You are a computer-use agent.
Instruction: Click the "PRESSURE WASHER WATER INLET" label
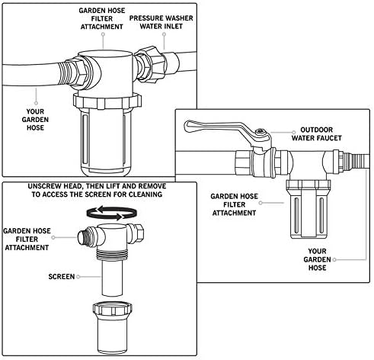tap(161, 22)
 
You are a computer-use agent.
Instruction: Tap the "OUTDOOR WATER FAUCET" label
tap(316, 134)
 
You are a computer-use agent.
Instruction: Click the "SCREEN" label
tap(62, 277)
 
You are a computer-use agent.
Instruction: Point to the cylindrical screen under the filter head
tap(112, 278)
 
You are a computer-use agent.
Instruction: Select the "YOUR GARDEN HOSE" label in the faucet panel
tap(317, 259)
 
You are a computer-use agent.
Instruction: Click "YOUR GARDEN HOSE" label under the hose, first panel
tap(35, 120)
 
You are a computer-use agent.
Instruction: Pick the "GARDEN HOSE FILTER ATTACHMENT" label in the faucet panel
tap(234, 204)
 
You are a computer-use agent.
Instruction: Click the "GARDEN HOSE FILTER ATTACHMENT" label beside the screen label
tap(27, 239)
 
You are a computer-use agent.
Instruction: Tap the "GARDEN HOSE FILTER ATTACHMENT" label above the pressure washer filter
tap(102, 18)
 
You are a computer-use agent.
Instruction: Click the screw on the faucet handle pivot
tap(261, 131)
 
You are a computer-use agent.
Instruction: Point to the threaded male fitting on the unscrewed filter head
tap(84, 236)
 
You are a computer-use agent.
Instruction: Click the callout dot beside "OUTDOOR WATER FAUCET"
tap(294, 132)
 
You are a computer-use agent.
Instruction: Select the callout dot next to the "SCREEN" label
tap(78, 277)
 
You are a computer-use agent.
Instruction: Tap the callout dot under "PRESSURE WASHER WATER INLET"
tap(165, 34)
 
